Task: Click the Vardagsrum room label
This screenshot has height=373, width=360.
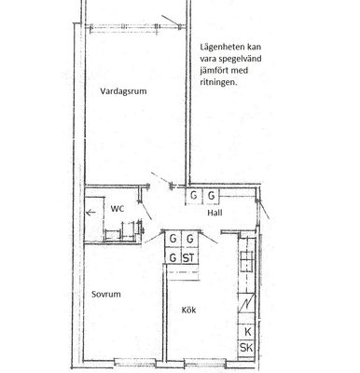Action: [x=123, y=91]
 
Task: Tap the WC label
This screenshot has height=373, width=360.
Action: [x=118, y=209]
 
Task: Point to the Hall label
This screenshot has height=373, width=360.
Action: [x=215, y=213]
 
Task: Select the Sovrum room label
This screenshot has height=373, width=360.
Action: [x=106, y=295]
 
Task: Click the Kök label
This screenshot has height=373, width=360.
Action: [x=188, y=310]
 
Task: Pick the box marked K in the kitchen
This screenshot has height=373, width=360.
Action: [x=247, y=332]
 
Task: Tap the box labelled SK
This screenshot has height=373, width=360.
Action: [x=247, y=348]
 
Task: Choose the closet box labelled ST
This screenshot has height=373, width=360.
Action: [x=189, y=257]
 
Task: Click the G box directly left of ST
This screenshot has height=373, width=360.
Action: [x=173, y=257]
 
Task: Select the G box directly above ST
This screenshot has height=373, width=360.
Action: [x=189, y=239]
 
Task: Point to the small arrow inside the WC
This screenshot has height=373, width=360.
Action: [x=90, y=213]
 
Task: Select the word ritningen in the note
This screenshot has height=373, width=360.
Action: [x=218, y=83]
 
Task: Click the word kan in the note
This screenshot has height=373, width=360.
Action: [x=255, y=48]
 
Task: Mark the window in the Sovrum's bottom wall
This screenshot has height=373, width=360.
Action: [x=135, y=362]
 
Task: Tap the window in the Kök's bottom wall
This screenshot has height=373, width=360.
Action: [x=205, y=363]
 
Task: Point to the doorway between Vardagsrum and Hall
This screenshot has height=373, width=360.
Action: [x=159, y=186]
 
